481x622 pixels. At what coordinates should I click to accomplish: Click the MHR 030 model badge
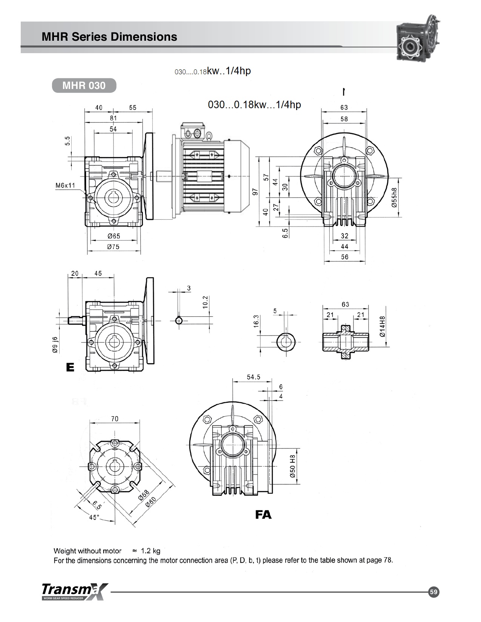[84, 86]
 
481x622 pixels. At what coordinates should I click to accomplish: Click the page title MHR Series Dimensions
[109, 37]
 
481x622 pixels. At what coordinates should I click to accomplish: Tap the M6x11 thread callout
[65, 185]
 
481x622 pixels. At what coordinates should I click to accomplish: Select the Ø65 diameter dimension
[114, 236]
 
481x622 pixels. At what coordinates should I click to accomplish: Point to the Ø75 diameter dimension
[113, 247]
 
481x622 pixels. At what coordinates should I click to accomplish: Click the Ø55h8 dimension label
[394, 198]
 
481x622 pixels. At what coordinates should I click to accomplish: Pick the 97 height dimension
[255, 192]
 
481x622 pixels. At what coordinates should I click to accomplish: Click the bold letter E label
[70, 368]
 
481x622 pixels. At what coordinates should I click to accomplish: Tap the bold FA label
[263, 515]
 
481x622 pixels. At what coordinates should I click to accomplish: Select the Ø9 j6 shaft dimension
[55, 345]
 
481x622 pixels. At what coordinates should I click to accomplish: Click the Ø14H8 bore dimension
[382, 326]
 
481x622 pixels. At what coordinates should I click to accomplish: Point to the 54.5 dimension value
[254, 377]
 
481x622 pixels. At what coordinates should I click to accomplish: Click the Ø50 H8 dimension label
[293, 466]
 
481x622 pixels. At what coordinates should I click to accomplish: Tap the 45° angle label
[94, 518]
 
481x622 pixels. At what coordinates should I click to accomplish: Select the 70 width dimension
[115, 419]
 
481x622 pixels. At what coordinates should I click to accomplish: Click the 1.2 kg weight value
[151, 551]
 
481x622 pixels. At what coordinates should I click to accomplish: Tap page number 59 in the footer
[433, 592]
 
